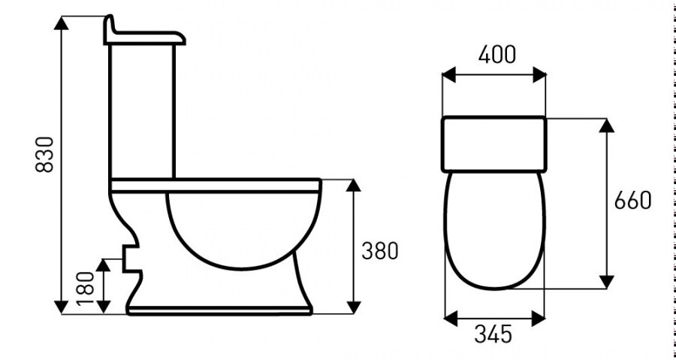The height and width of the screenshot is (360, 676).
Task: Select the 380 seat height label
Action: point(379,251)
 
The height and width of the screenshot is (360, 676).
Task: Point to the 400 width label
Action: point(494,56)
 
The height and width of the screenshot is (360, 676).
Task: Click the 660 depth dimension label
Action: point(632,201)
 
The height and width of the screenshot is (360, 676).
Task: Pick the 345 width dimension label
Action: point(493,334)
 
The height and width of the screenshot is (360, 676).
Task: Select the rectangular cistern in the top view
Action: point(493,143)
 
